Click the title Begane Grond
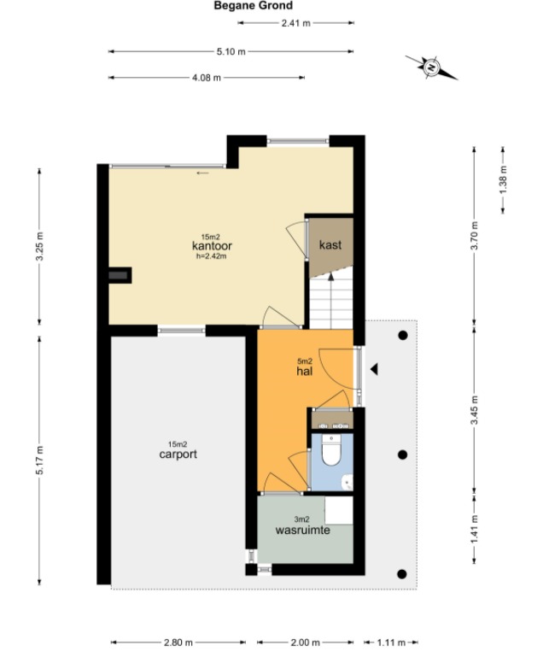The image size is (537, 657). [253, 5]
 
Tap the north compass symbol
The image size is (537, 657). [431, 67]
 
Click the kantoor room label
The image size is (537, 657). [212, 245]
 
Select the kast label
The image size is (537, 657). [330, 244]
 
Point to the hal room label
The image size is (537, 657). [304, 371]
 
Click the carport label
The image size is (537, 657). [178, 455]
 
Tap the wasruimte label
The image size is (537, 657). [302, 530]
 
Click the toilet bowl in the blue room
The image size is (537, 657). [331, 449]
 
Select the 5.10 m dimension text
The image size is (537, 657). [231, 52]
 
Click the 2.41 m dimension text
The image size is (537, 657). [296, 23]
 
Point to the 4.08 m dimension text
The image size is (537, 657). [207, 78]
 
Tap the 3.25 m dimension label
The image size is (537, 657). [39, 246]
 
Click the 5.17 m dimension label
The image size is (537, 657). [39, 460]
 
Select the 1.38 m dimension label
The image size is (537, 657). [503, 180]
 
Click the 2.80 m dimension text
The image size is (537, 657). [178, 642]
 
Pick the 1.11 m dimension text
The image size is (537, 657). [391, 642]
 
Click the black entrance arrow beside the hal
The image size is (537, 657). [374, 370]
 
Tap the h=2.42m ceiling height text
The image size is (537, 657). [212, 256]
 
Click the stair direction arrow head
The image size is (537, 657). [330, 276]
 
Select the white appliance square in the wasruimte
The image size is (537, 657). [339, 510]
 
